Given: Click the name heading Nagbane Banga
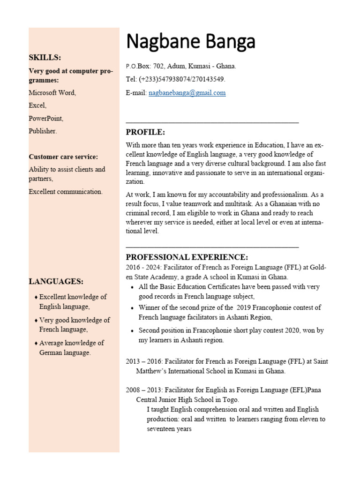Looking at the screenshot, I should click(191, 42).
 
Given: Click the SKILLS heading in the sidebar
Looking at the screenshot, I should click(45, 58).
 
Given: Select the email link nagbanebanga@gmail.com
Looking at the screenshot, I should click(187, 93).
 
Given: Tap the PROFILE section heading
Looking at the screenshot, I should click(145, 132).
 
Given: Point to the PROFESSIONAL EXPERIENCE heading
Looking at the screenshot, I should click(187, 257).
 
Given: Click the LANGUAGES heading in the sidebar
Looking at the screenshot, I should click(56, 281).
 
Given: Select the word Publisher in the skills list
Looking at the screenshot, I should click(43, 131).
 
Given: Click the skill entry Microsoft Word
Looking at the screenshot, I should click(52, 93).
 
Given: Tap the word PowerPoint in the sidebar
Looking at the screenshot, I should click(46, 119).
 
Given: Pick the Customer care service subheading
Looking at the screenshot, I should click(63, 157).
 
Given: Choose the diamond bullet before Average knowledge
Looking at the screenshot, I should click(36, 343).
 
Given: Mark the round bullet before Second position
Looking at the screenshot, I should click(133, 331).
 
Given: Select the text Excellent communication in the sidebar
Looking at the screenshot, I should click(65, 191).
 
